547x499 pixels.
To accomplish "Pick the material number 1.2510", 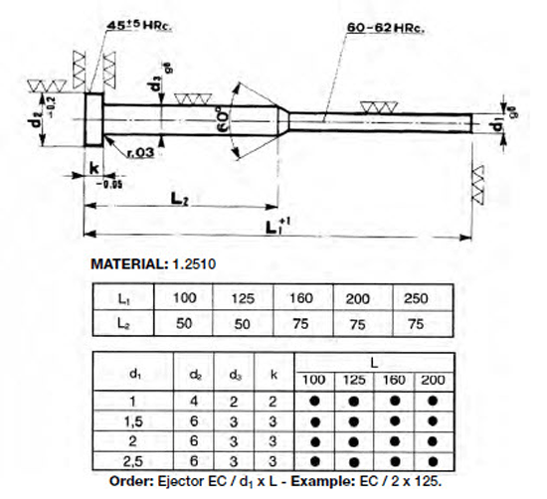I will click(191, 266).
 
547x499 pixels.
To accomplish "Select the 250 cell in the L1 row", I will click(416, 298).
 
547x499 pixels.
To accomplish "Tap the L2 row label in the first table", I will click(120, 323).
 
